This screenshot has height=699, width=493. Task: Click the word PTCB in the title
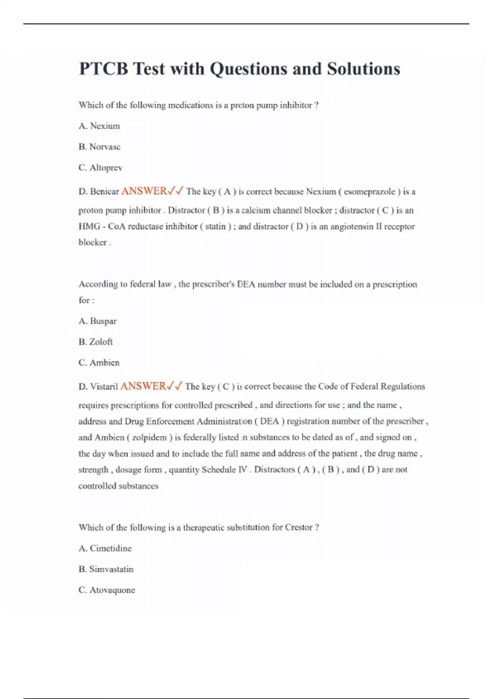point(103,69)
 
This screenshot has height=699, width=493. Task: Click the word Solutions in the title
point(363,69)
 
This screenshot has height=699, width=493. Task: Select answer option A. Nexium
point(99,126)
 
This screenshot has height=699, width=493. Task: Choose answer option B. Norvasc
point(99,147)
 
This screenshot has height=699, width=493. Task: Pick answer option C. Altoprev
point(101,168)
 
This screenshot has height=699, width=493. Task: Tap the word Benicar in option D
point(104,191)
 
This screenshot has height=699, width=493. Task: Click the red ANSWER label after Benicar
point(144,191)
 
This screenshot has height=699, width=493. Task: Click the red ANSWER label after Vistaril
point(143,386)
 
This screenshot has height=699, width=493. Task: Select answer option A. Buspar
point(98,321)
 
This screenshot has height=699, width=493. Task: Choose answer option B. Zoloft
point(96,342)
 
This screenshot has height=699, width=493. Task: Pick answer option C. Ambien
point(99,363)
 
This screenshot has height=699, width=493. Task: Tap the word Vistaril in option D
point(104,387)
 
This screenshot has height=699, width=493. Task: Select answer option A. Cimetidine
point(105,548)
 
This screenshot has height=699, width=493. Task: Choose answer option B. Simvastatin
point(106,569)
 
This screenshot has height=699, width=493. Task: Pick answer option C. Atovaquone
point(107,590)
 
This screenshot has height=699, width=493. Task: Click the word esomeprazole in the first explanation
point(369,192)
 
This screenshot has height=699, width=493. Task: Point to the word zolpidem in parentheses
point(150,437)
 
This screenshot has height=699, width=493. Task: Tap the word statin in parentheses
point(215,227)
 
